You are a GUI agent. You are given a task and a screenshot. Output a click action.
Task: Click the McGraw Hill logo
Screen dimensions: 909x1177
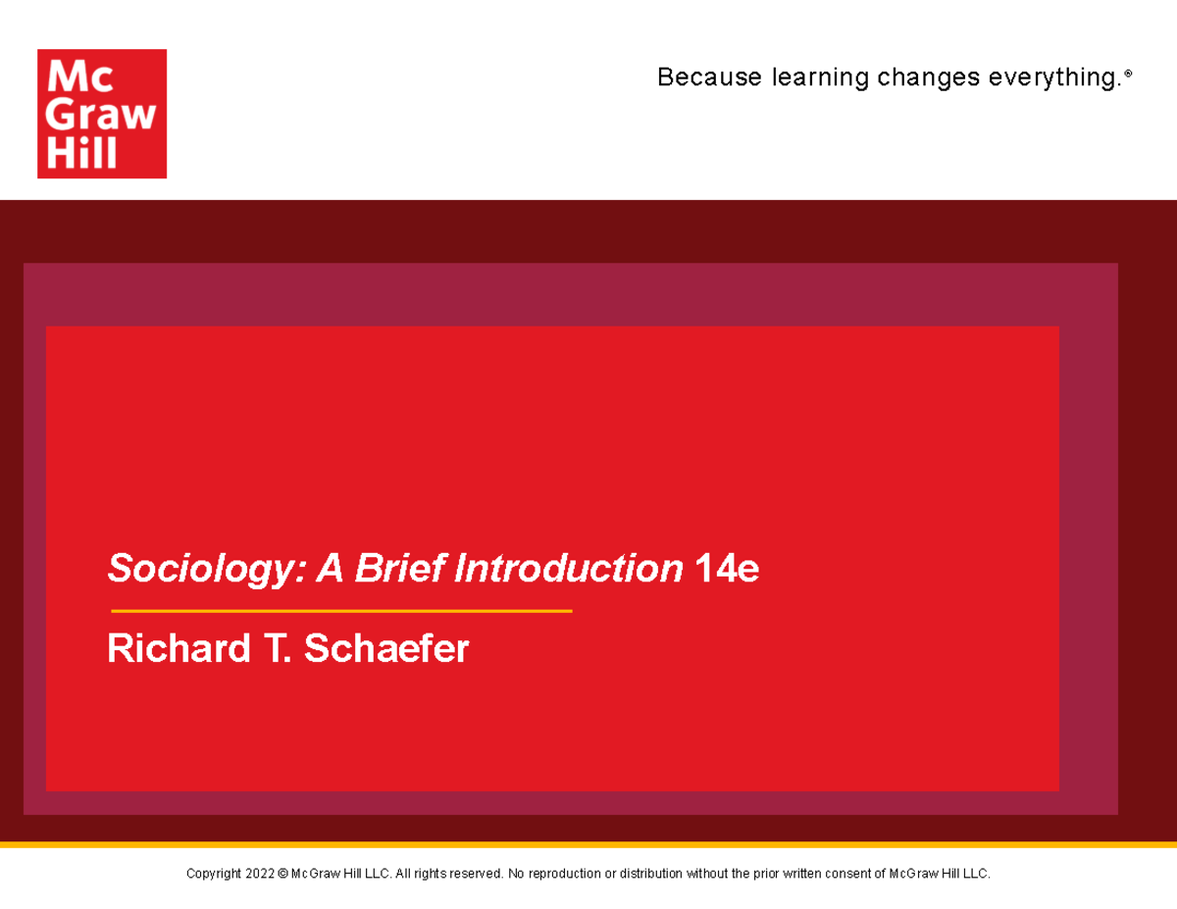(102, 114)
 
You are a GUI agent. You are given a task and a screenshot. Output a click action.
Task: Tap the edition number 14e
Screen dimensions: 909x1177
(726, 569)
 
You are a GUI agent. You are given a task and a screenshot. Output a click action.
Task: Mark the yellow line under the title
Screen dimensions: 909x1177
(341, 611)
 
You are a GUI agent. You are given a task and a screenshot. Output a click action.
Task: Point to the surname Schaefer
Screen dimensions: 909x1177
(386, 649)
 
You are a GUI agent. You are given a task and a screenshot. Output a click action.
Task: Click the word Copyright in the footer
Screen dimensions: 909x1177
(213, 874)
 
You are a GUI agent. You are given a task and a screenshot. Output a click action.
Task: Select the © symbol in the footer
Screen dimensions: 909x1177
(283, 874)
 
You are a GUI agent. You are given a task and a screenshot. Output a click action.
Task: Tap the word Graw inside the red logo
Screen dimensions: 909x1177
(102, 115)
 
